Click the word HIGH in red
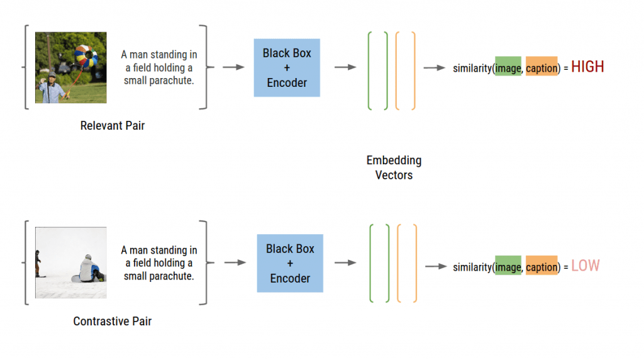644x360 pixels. [x=587, y=67]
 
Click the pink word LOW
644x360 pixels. [x=586, y=266]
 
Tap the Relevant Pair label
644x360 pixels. [x=113, y=126]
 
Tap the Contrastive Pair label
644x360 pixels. [x=113, y=322]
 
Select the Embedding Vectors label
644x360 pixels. [x=394, y=167]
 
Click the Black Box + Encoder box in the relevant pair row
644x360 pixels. [x=287, y=68]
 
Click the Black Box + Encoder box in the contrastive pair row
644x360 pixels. [x=290, y=263]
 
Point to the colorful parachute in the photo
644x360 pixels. [x=86, y=57]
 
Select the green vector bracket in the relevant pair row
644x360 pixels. [x=378, y=70]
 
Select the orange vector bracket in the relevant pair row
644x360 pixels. [x=406, y=70]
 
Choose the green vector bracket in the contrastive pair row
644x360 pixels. [x=380, y=264]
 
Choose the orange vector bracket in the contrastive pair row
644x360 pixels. [x=407, y=264]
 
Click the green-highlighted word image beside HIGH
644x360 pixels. [x=508, y=68]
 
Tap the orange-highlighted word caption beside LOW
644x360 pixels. [x=541, y=267]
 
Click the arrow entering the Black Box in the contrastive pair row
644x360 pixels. [x=235, y=263]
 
